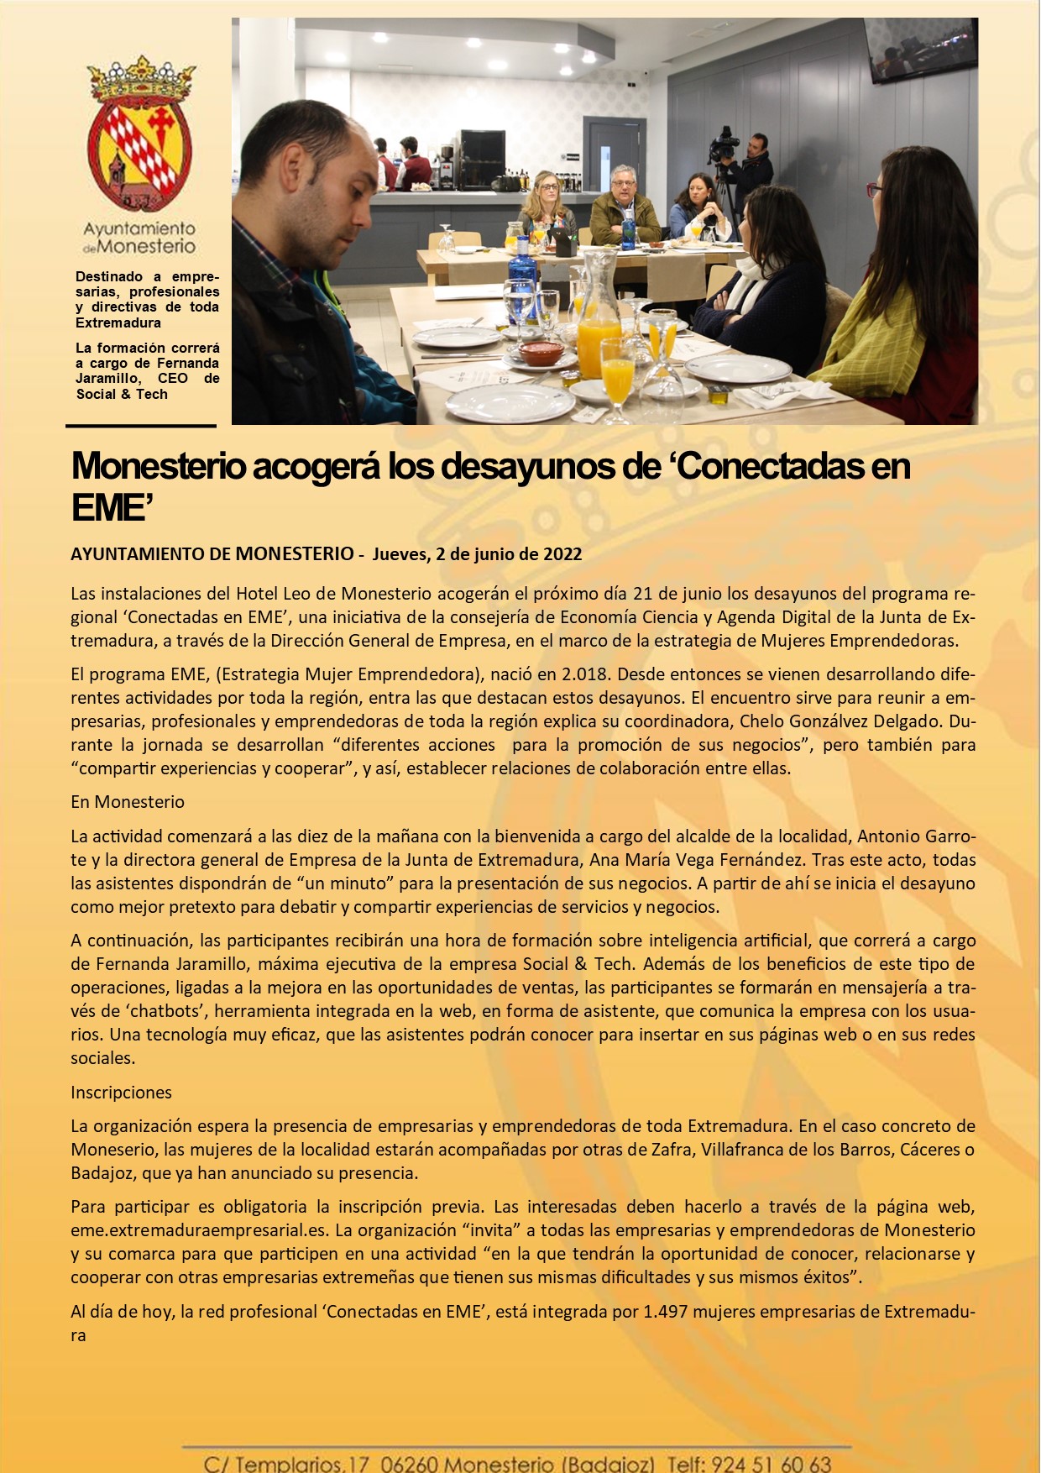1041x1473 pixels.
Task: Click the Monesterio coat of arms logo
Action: (x=140, y=134)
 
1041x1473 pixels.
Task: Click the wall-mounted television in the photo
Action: (x=922, y=49)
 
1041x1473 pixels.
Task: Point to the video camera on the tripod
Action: (x=724, y=146)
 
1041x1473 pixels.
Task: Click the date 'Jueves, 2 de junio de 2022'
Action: (x=477, y=554)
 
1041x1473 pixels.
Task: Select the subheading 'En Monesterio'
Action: (x=128, y=802)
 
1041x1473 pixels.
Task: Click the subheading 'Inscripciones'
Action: (x=121, y=1093)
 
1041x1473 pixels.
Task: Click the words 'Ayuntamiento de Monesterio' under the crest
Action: (x=139, y=238)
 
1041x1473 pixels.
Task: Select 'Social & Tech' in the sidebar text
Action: (x=122, y=395)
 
